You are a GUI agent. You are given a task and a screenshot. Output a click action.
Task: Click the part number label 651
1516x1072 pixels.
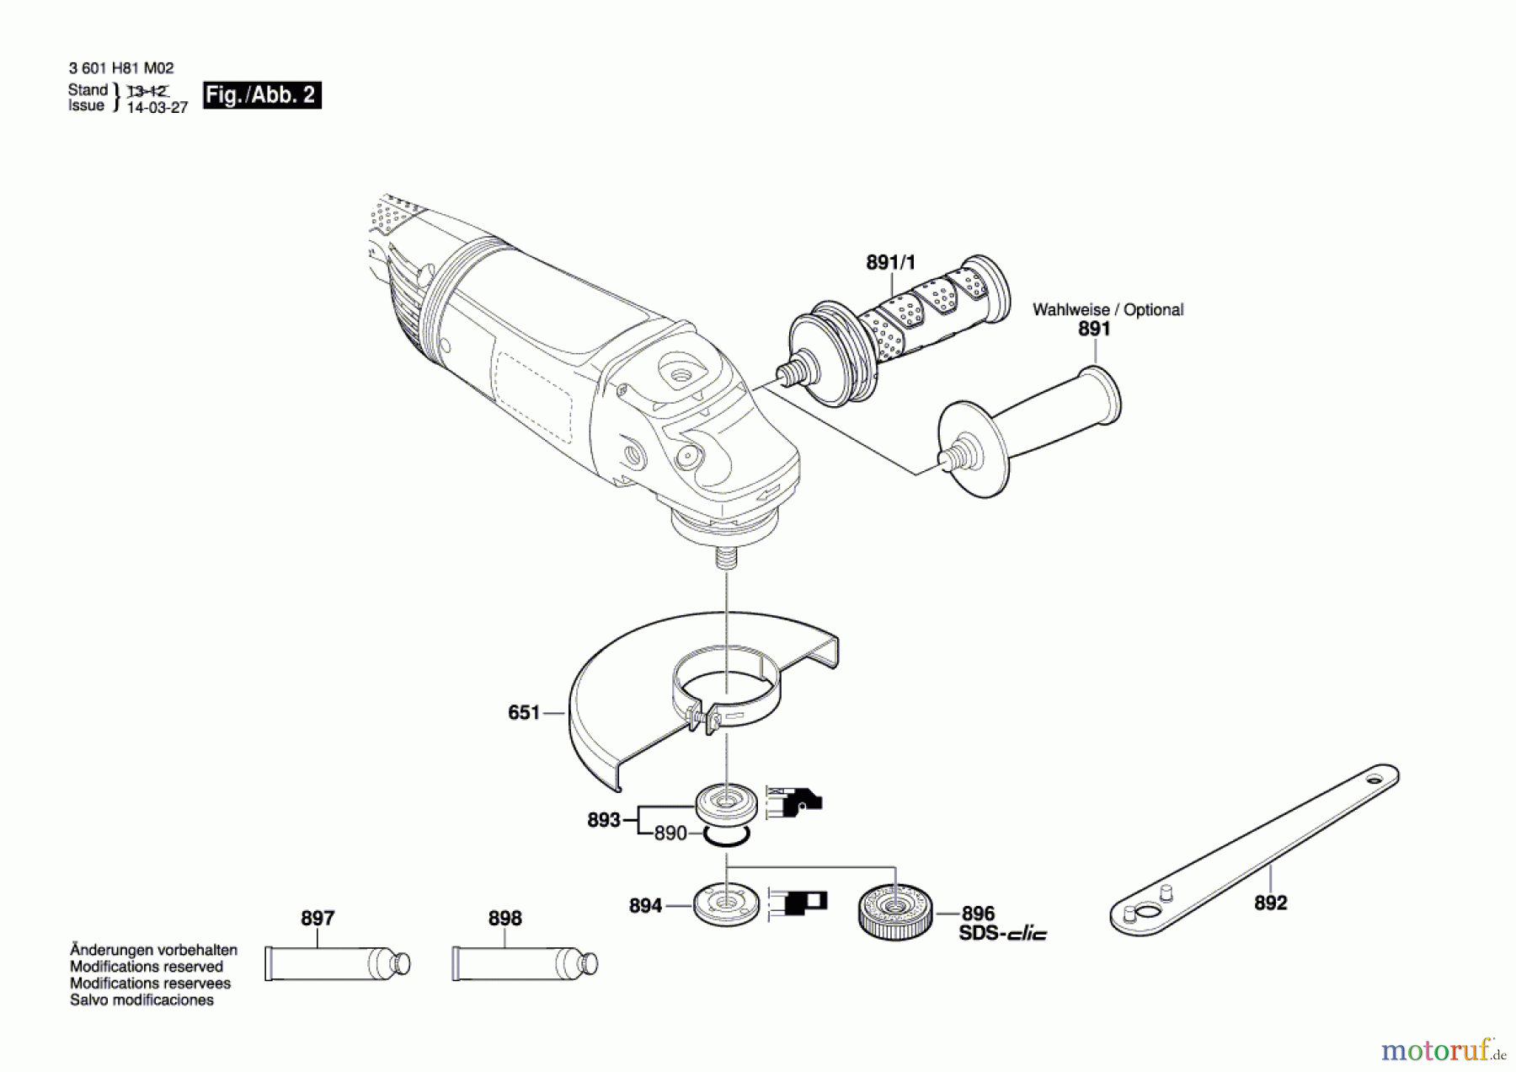click(523, 713)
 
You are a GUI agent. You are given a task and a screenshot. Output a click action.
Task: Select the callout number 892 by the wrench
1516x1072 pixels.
click(1270, 903)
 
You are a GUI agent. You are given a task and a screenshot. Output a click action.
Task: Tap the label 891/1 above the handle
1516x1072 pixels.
click(890, 263)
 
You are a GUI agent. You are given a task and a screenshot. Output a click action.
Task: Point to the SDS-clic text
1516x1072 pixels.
click(1002, 933)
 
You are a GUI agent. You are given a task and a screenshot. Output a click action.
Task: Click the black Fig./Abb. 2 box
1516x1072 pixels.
click(262, 95)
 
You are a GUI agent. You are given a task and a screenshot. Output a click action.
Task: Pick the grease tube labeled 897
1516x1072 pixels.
click(337, 963)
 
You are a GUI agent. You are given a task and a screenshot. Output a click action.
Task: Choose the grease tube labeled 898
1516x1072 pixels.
click(524, 963)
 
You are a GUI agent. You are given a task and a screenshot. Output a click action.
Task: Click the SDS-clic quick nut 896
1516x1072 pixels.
click(895, 911)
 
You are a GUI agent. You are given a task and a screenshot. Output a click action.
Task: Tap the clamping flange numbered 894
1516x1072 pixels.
click(726, 903)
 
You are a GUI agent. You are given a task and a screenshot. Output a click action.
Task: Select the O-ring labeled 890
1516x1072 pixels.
click(726, 835)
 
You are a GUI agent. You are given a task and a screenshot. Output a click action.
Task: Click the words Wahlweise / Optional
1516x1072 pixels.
click(1108, 310)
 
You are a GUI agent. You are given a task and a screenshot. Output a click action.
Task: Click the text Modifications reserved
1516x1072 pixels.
click(147, 967)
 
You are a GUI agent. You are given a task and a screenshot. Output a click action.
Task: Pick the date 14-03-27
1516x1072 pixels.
click(157, 108)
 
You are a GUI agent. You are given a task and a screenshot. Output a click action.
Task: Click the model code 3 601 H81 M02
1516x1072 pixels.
click(121, 68)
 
